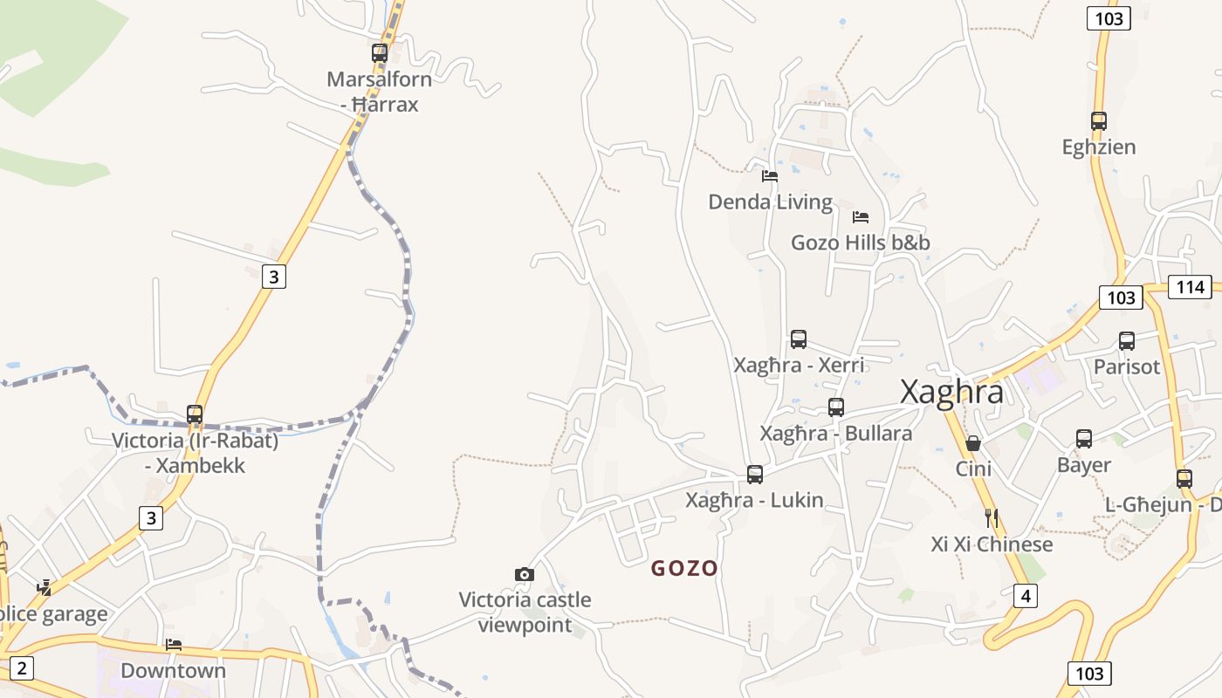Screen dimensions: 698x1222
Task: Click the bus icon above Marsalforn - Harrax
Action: tap(380, 52)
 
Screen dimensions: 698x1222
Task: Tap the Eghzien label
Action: tap(1099, 147)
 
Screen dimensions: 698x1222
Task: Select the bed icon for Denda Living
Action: tap(769, 175)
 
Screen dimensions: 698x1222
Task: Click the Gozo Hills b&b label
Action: tap(860, 243)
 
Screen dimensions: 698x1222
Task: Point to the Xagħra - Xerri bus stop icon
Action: tap(799, 339)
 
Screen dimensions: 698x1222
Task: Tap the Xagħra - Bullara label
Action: tap(835, 434)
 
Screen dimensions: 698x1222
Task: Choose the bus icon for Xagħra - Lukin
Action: tap(755, 475)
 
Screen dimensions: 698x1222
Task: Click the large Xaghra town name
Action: tap(951, 392)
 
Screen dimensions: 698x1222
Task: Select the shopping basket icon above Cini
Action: tap(973, 443)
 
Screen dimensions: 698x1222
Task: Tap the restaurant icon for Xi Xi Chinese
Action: tap(991, 518)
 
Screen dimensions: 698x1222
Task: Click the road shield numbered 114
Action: tap(1191, 287)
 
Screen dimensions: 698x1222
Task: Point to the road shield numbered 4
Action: tap(1026, 597)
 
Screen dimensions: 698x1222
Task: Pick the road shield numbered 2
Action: tap(22, 669)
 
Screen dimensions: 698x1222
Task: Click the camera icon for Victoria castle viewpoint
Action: tap(525, 574)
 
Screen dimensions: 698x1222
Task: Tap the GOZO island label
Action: tap(684, 569)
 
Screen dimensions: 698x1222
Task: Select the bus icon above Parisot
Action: tap(1127, 341)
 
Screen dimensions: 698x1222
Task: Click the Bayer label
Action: tap(1084, 465)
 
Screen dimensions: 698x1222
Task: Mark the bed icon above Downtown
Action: tap(174, 645)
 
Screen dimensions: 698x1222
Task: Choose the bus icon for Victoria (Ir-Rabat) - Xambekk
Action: tap(195, 414)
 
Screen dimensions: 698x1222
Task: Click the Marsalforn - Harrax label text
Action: tap(379, 92)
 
